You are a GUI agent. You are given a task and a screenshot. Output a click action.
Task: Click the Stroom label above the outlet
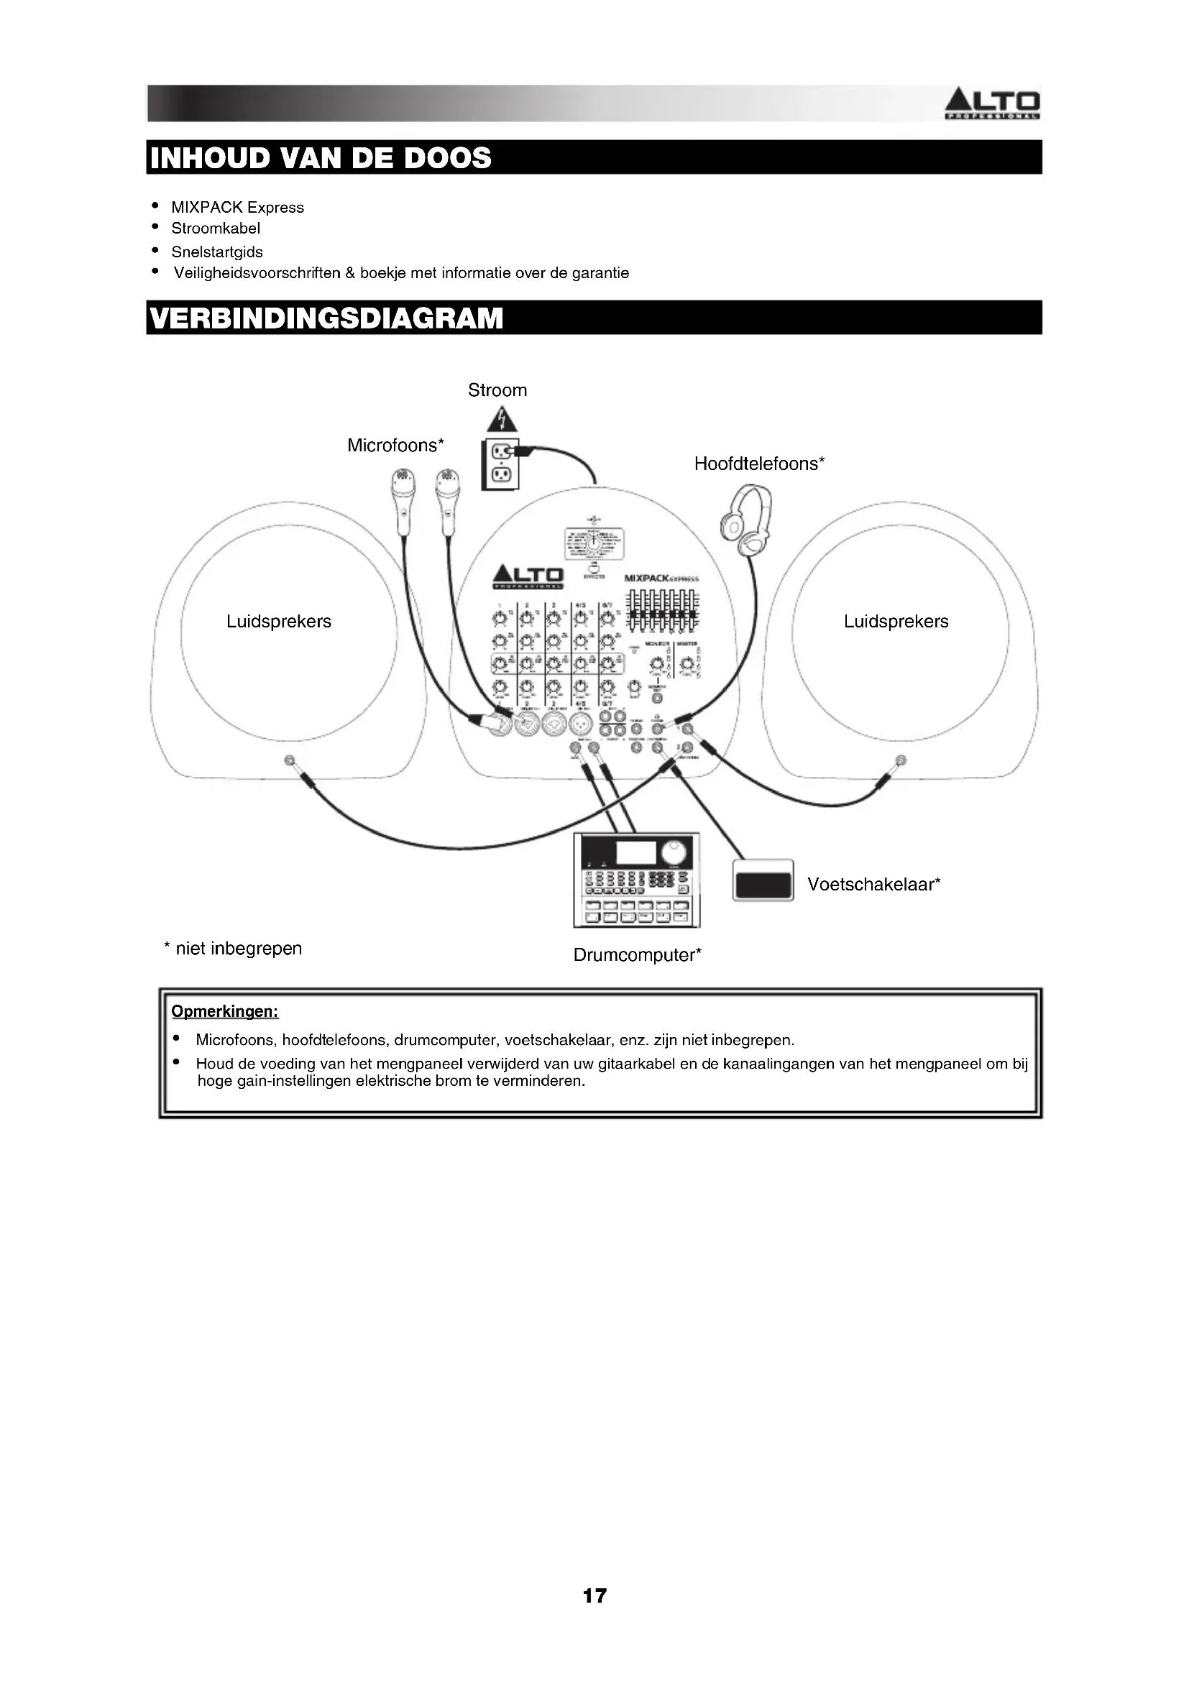click(x=497, y=390)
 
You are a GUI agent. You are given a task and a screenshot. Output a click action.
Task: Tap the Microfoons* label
click(x=395, y=445)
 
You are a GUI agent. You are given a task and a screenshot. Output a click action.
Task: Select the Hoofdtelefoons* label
click(x=759, y=464)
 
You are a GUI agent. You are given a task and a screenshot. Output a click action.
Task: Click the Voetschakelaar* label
click(x=873, y=885)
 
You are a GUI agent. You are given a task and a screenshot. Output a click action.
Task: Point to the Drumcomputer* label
click(x=637, y=954)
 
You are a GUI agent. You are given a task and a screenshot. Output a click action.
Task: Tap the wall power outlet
click(x=500, y=464)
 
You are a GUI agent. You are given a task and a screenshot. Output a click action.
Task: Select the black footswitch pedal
click(x=763, y=880)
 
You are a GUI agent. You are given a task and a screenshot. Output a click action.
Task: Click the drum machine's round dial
click(x=674, y=853)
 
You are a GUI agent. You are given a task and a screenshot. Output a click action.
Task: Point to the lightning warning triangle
click(x=501, y=420)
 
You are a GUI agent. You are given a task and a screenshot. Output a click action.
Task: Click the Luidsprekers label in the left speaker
click(x=278, y=622)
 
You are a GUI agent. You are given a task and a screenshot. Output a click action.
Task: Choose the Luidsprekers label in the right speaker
click(x=896, y=622)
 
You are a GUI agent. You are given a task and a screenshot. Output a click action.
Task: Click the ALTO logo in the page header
click(x=992, y=104)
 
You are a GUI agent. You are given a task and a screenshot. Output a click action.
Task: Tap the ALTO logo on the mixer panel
click(x=528, y=576)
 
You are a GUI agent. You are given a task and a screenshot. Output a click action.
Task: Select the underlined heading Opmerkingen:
click(x=225, y=1012)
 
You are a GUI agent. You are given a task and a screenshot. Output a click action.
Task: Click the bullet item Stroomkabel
click(x=215, y=229)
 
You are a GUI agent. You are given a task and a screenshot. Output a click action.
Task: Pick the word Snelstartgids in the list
click(x=216, y=252)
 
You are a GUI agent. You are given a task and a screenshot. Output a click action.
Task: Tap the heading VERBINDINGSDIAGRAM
click(x=326, y=318)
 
